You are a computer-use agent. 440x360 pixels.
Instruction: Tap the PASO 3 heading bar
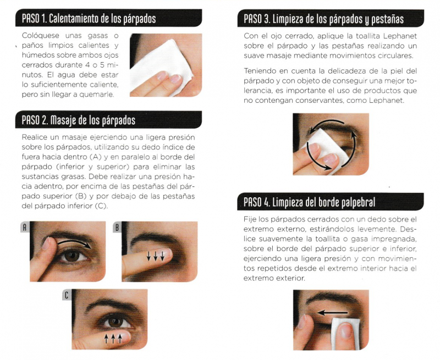pyautogui.click(x=324, y=19)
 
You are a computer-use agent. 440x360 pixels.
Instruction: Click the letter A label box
pyautogui.click(x=25, y=227)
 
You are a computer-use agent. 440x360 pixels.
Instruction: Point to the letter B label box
pyautogui.click(x=117, y=227)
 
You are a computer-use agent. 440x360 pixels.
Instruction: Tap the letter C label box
pyautogui.click(x=67, y=296)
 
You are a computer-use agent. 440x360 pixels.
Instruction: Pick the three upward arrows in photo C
pyautogui.click(x=113, y=337)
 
